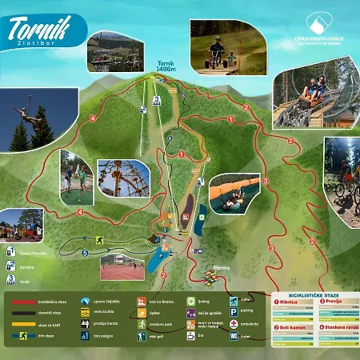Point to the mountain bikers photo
coord(342,180)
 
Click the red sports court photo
coord(122,268)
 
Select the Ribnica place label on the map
coord(222,266)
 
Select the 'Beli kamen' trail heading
coord(293,328)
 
